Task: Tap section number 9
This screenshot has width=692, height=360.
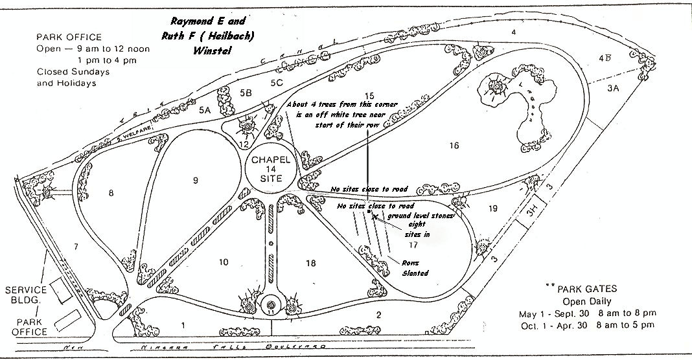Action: [x=194, y=181]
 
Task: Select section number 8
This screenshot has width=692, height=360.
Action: [x=111, y=192]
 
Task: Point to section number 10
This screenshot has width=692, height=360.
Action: [x=224, y=262]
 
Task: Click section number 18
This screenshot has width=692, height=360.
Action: [x=310, y=262]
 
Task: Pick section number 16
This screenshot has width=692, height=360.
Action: [x=454, y=146]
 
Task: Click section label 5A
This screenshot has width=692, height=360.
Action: [x=205, y=111]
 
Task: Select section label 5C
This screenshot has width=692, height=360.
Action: [x=277, y=82]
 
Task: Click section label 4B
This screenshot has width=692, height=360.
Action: [x=605, y=58]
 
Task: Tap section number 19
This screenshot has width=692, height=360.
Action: [x=492, y=208]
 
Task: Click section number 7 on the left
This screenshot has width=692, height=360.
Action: [x=75, y=246]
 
